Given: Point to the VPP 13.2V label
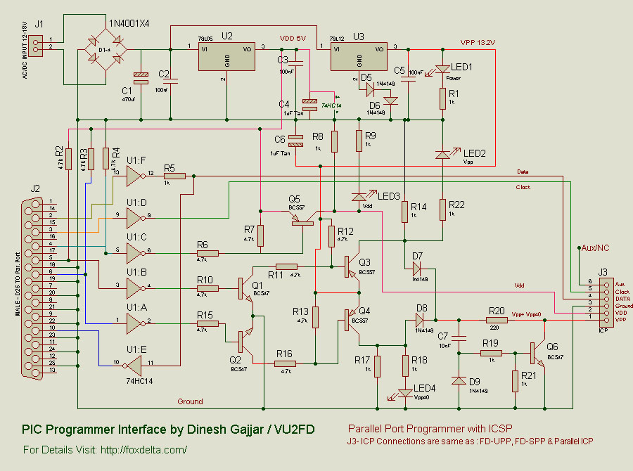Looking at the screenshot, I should pyautogui.click(x=478, y=43).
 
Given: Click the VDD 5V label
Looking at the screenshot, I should pyautogui.click(x=293, y=38).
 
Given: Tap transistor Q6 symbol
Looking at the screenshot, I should pyautogui.click(x=536, y=353).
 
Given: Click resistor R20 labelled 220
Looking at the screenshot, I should pyautogui.click(x=497, y=320).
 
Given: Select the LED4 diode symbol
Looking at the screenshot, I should pyautogui.click(x=406, y=393).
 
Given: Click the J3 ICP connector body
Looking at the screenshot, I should pyautogui.click(x=603, y=303).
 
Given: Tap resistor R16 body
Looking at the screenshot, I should pyautogui.click(x=285, y=363).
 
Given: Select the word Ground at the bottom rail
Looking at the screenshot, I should pyautogui.click(x=190, y=401).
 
